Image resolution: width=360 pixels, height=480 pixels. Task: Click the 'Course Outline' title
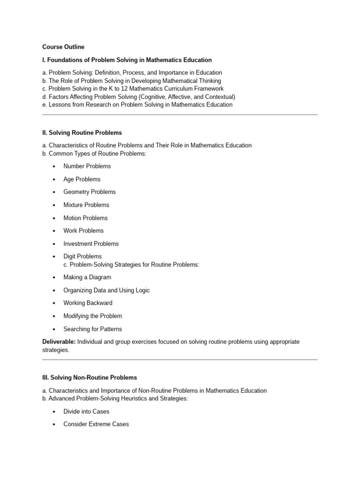[63, 47]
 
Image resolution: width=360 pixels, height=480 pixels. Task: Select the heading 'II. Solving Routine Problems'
[82, 133]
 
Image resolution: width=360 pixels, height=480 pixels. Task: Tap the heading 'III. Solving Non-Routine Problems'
[90, 377]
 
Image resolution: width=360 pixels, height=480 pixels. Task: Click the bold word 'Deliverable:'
[59, 342]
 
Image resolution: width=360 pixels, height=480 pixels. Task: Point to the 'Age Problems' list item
[82, 179]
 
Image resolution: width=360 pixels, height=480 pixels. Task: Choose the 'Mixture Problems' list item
[86, 205]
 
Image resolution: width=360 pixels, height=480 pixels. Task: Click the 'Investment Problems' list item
[91, 244]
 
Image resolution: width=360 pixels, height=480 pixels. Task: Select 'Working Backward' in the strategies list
[88, 303]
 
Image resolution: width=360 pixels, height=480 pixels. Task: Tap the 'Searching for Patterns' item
[93, 329]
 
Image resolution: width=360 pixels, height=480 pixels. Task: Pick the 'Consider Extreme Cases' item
[96, 424]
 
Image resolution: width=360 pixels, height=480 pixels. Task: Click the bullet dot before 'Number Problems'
[54, 166]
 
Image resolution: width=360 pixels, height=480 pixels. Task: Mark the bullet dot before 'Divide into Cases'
[54, 412]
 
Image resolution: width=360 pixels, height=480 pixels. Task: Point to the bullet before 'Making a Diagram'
[54, 277]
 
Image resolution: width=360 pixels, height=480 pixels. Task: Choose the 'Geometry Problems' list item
[90, 192]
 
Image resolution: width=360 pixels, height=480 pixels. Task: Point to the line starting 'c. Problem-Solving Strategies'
[131, 264]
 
